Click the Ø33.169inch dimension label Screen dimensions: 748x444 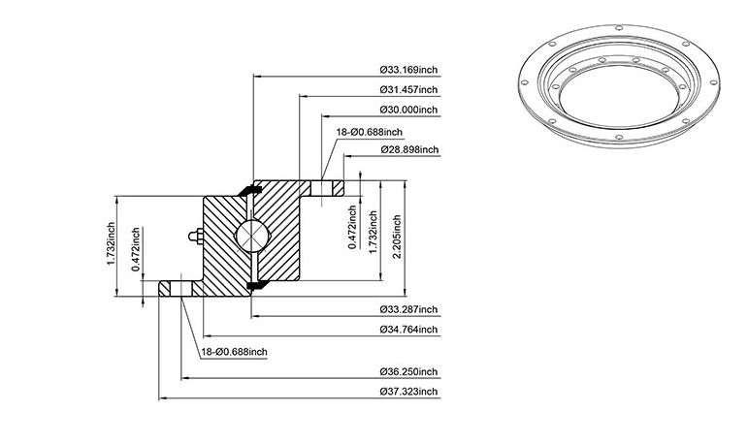pyautogui.click(x=408, y=70)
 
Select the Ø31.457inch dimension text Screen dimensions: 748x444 pyautogui.click(x=408, y=89)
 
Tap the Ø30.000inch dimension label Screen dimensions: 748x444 pyautogui.click(x=408, y=110)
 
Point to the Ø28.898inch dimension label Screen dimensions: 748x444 pyautogui.click(x=409, y=149)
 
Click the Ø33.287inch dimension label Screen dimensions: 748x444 pyautogui.click(x=408, y=309)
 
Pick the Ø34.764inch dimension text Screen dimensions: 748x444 pyautogui.click(x=408, y=330)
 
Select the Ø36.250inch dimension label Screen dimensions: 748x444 pyautogui.click(x=408, y=371)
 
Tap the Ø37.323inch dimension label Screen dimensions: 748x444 pyautogui.click(x=408, y=392)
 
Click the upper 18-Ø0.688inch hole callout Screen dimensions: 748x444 pyautogui.click(x=370, y=132)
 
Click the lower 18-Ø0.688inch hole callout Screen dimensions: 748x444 pyautogui.click(x=234, y=353)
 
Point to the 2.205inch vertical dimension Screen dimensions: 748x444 pyautogui.click(x=397, y=237)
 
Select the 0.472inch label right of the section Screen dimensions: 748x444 pyautogui.click(x=352, y=227)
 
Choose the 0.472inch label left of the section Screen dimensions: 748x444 pyautogui.click(x=136, y=249)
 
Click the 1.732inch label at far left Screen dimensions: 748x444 pyautogui.click(x=111, y=243)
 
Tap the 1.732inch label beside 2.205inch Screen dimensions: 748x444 pyautogui.click(x=374, y=233)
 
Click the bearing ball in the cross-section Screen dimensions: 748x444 pyautogui.click(x=252, y=236)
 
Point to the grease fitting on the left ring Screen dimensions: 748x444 pyautogui.click(x=196, y=237)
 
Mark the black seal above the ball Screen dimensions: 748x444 pyautogui.click(x=249, y=190)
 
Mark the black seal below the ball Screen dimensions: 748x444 pyautogui.click(x=256, y=285)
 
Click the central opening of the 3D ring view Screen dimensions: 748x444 pyautogui.click(x=619, y=96)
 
